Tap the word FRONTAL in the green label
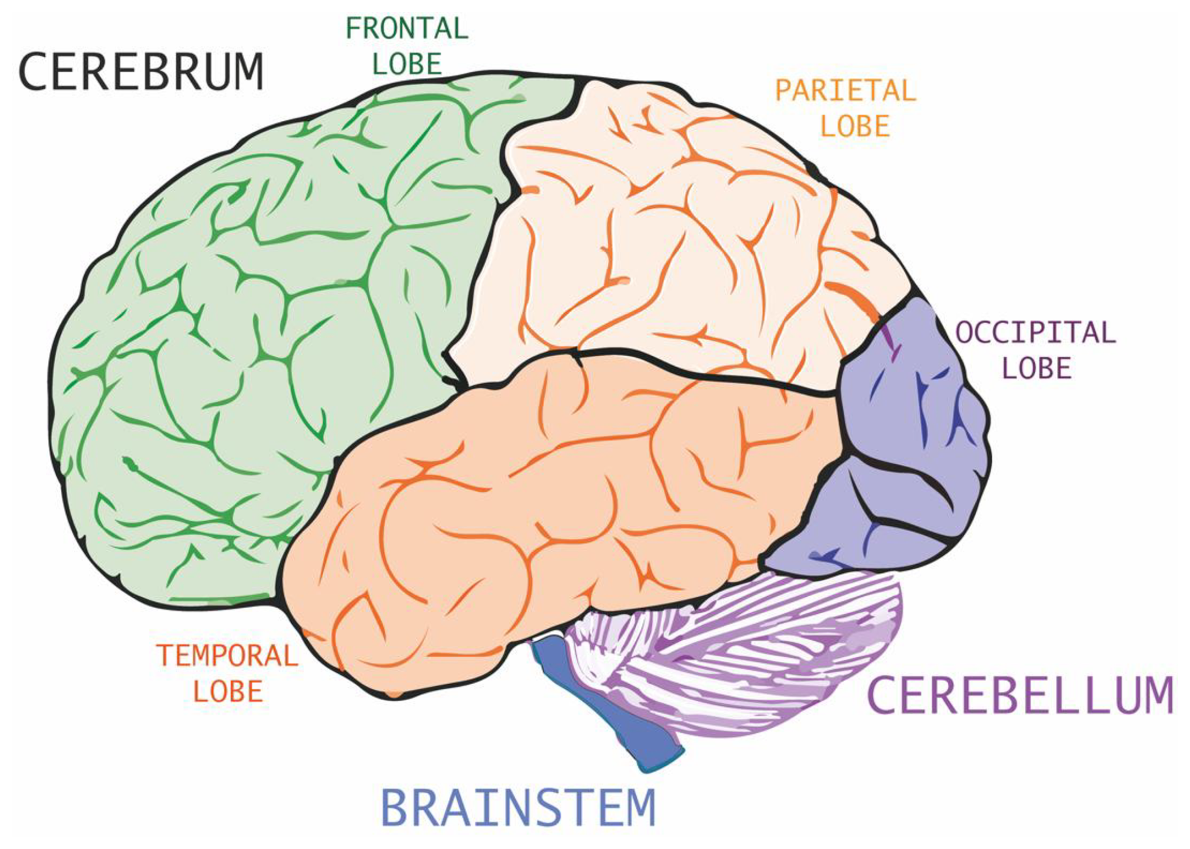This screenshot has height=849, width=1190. click(407, 29)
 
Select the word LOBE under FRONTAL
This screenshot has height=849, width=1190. click(407, 64)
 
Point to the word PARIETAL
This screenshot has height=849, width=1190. click(845, 91)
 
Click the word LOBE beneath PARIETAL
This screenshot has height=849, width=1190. click(855, 126)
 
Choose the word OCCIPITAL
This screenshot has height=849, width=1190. click(1035, 333)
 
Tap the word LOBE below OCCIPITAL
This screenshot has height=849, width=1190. click(1036, 368)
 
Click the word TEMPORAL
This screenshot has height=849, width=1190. click(227, 656)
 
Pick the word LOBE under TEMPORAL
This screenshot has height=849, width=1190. click(228, 692)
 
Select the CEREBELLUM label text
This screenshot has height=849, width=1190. click(1020, 696)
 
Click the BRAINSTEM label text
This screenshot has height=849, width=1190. click(518, 808)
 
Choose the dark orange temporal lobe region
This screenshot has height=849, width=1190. click(535, 516)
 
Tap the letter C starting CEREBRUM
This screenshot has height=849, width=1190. click(33, 72)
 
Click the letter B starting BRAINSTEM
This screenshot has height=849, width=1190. click(394, 808)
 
